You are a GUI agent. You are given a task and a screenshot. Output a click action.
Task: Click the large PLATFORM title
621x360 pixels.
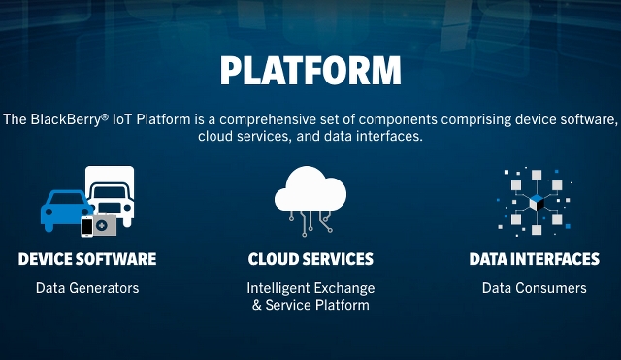coord(310,71)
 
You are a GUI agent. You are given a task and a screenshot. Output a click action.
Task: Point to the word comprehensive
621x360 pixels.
coord(259,119)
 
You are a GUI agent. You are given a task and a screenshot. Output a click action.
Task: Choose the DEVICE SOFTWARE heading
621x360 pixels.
coord(87,259)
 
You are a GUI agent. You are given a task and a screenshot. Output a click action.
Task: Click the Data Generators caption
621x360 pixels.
coord(87,288)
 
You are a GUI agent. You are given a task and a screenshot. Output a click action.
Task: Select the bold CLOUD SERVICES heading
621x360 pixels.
coord(310,259)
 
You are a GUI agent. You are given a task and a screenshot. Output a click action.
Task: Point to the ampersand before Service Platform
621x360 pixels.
coord(257,306)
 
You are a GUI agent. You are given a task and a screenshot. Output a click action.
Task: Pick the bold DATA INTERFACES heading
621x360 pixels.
coord(534,259)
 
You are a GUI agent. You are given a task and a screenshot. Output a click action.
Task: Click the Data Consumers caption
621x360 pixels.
coord(534,288)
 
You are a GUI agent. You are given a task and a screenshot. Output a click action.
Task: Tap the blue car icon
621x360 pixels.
coord(63,206)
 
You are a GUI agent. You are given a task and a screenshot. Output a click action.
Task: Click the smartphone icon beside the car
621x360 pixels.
coord(87,227)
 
